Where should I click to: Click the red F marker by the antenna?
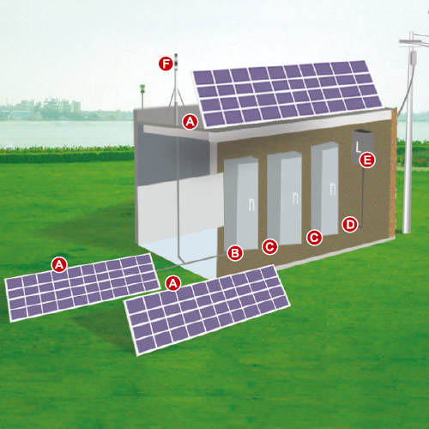click(166, 63)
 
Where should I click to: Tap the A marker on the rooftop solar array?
click(190, 122)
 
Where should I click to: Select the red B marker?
click(235, 253)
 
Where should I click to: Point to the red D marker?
click(350, 224)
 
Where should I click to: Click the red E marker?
click(367, 160)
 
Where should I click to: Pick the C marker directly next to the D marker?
click(314, 238)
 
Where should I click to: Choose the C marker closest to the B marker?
click(269, 246)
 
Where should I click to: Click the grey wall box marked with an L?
click(363, 147)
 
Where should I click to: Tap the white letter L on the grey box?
click(358, 148)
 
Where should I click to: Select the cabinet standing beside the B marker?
click(241, 203)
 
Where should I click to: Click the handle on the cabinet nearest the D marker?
click(332, 189)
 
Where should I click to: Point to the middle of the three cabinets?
click(284, 198)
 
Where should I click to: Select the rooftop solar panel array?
click(287, 94)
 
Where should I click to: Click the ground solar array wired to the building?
click(82, 287)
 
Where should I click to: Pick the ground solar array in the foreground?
click(207, 311)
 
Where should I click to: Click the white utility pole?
click(408, 131)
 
